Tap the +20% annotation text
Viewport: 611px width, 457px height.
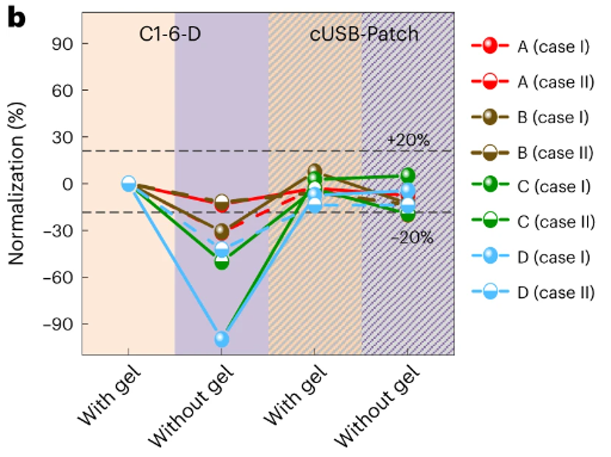408,140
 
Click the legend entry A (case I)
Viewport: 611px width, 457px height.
553,46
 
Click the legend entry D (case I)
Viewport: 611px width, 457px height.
553,257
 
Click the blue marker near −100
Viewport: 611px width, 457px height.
222,339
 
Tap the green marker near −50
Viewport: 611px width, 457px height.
222,261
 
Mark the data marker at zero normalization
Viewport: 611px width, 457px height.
128,184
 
